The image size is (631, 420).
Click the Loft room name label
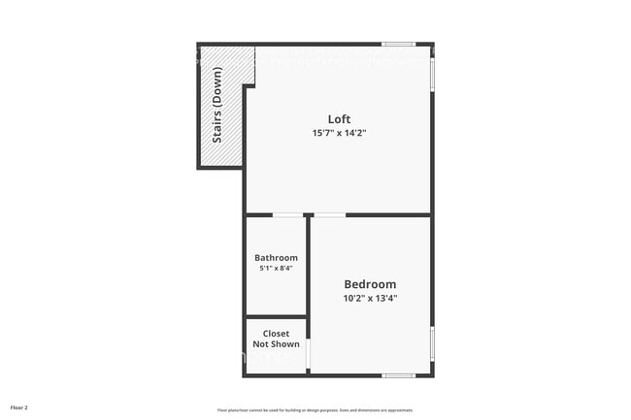pyautogui.click(x=339, y=119)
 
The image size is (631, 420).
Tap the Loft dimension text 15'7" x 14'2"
pyautogui.click(x=339, y=133)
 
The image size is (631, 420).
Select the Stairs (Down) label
pyautogui.click(x=217, y=105)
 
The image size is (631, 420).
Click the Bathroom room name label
pyautogui.click(x=276, y=258)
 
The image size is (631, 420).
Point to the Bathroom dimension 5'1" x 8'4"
pyautogui.click(x=276, y=269)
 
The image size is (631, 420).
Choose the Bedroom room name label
pyautogui.click(x=370, y=284)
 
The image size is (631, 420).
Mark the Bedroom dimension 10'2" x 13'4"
pyautogui.click(x=370, y=298)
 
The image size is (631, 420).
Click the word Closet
pyautogui.click(x=277, y=334)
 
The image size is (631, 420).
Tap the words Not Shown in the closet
pyautogui.click(x=277, y=344)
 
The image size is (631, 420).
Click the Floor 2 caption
pyautogui.click(x=19, y=407)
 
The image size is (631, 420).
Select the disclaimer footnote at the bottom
pyautogui.click(x=315, y=410)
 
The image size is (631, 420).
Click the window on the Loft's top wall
pyautogui.click(x=398, y=44)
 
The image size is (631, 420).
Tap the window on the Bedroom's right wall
pyautogui.click(x=432, y=344)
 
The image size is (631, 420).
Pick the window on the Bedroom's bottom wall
pyautogui.click(x=398, y=375)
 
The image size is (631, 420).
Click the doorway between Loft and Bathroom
pyautogui.click(x=285, y=214)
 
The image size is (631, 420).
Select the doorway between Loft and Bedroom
pyautogui.click(x=329, y=214)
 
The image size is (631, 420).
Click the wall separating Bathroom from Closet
pyautogui.click(x=277, y=317)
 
